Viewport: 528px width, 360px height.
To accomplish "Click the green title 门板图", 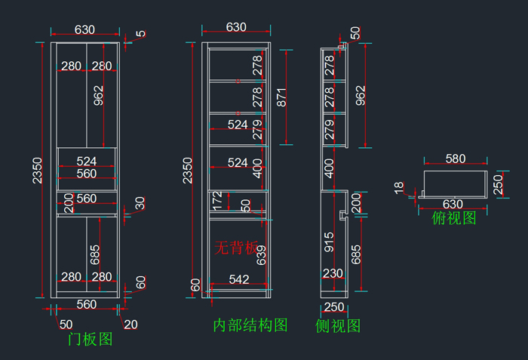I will click(90, 340).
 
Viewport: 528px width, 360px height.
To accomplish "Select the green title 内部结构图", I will click(250, 325).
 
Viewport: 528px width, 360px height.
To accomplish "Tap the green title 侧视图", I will click(337, 326).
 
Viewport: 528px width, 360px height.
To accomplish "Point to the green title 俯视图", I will click(453, 218).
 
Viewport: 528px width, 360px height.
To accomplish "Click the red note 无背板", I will click(236, 248).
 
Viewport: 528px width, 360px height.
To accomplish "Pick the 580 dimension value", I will click(455, 158).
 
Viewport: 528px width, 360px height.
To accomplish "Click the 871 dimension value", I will click(281, 97).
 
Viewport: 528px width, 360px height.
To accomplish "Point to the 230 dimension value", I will click(333, 273).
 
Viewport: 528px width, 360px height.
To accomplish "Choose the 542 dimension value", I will click(238, 279).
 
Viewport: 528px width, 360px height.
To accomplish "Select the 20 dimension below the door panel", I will click(130, 325).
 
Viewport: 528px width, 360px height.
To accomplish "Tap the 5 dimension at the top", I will click(140, 34).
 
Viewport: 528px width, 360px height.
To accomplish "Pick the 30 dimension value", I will click(140, 204).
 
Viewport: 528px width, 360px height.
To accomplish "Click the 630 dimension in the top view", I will click(453, 204).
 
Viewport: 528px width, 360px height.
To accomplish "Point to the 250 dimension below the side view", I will click(333, 307).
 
